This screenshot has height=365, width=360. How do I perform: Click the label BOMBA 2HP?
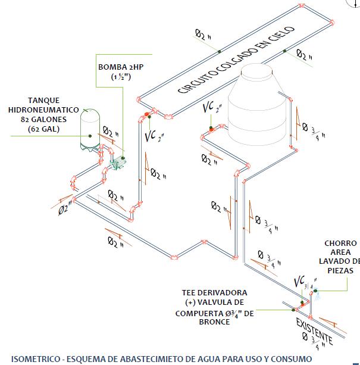pos(121,67)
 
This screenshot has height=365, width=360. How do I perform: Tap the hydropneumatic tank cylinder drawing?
pos(90,129)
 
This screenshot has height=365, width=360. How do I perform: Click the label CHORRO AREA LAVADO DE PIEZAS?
pos(340,257)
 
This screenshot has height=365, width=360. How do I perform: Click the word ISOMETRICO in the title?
pos(32,358)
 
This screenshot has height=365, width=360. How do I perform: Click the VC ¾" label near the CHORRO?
pos(303,281)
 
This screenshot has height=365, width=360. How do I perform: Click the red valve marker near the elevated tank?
pos(211,126)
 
